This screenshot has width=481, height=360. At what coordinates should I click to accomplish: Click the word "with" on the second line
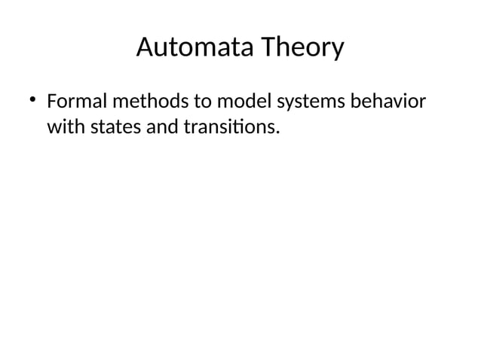(66, 127)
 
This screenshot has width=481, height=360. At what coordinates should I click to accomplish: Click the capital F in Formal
(52, 102)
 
